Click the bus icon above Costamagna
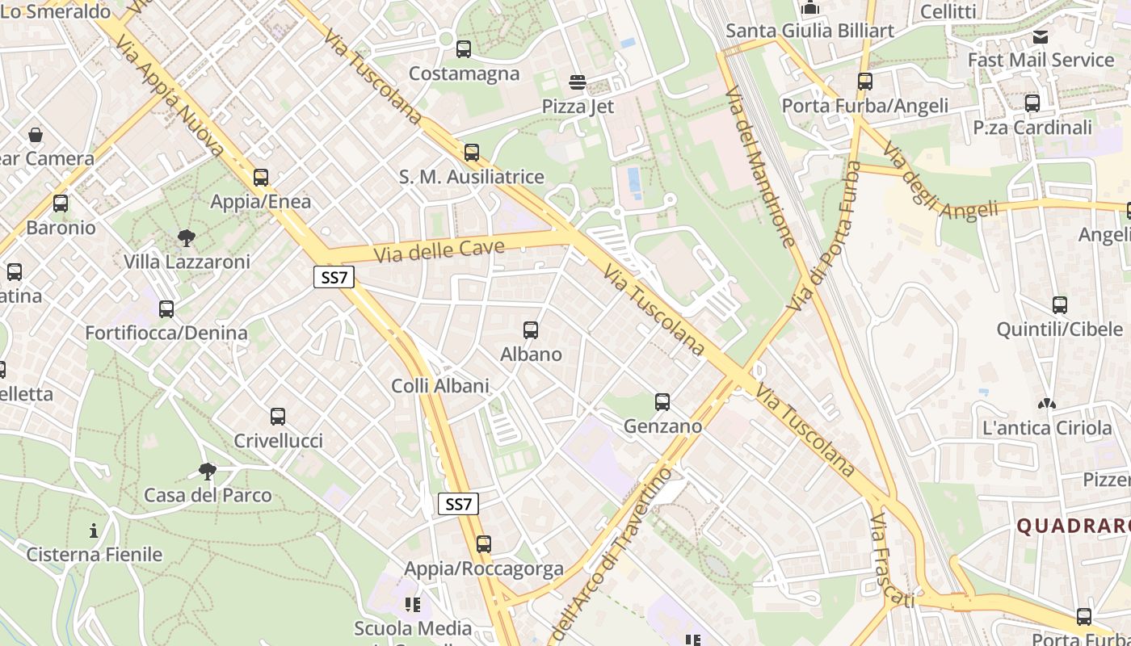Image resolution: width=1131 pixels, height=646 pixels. [x=464, y=49]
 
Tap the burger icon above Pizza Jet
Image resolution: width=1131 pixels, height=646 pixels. [x=578, y=82]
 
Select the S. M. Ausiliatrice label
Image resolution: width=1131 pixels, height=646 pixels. [x=472, y=177]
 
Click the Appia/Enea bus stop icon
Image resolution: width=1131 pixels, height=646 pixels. [x=260, y=178]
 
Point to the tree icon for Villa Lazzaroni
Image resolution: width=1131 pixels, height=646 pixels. [x=187, y=237]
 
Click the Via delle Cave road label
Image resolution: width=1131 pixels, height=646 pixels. [x=440, y=251]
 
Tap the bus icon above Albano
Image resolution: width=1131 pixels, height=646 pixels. [x=531, y=330]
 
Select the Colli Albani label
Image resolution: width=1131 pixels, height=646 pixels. [x=440, y=386]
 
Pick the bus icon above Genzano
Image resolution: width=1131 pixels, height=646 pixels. [x=662, y=402]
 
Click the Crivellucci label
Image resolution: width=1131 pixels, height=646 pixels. [x=278, y=441]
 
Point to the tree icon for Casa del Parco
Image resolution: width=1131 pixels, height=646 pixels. [x=208, y=472]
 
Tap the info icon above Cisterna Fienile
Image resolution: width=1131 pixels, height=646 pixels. [x=95, y=531]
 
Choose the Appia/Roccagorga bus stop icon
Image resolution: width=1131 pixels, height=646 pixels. [x=484, y=544]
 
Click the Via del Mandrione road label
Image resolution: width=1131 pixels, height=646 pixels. [x=760, y=166]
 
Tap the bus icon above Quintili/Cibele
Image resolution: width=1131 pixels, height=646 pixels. [x=1060, y=305]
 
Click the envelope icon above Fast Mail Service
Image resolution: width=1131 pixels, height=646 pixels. [x=1041, y=37]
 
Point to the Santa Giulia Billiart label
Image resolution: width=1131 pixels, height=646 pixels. [x=810, y=31]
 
